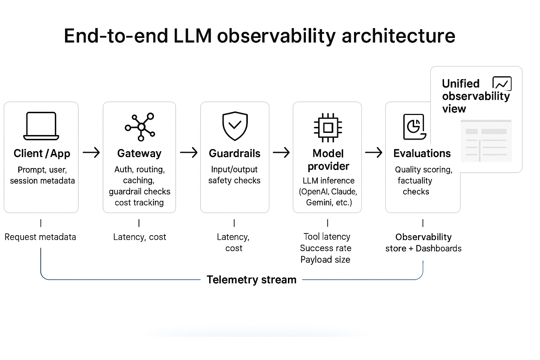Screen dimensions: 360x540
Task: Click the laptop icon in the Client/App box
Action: click(x=41, y=126)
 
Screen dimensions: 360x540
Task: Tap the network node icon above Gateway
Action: click(x=140, y=127)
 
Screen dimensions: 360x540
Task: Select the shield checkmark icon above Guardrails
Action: click(x=235, y=126)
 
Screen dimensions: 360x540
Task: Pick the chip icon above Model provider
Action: click(x=328, y=127)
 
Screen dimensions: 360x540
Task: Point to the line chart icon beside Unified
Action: click(x=502, y=84)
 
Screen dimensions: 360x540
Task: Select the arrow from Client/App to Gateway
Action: click(x=91, y=153)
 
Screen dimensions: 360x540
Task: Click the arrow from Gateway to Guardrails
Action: click(x=189, y=153)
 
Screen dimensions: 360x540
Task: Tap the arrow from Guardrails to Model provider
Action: click(x=281, y=153)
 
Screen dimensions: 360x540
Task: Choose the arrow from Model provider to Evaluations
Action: click(x=374, y=153)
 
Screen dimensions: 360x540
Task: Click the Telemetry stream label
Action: click(x=251, y=280)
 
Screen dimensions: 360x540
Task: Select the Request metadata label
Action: click(x=40, y=237)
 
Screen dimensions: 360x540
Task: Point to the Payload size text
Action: click(x=325, y=260)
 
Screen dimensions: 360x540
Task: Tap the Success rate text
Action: click(x=326, y=248)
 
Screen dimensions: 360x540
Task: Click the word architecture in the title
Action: click(x=398, y=36)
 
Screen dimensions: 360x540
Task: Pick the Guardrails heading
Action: click(x=234, y=154)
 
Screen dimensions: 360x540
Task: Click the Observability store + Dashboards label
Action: click(x=423, y=243)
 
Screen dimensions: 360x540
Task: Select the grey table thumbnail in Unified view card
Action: click(x=486, y=141)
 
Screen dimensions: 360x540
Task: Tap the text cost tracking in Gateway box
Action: click(x=139, y=203)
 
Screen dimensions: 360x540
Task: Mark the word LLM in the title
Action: click(x=193, y=36)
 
